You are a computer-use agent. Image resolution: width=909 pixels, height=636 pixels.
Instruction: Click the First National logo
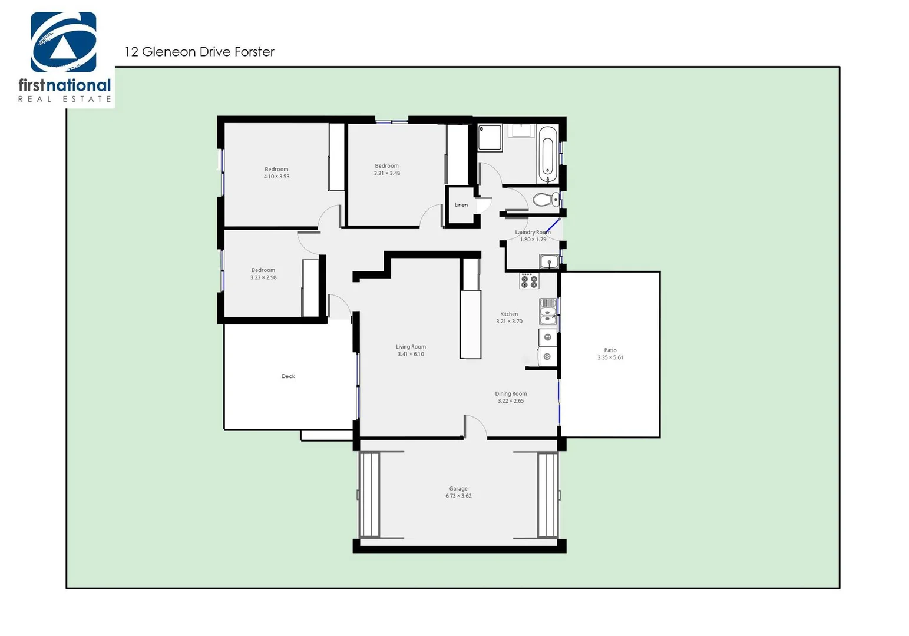[64, 57]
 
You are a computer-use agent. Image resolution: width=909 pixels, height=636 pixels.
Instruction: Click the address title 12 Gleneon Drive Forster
[199, 52]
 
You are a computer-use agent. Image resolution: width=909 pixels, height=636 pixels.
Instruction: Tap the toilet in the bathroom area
[546, 200]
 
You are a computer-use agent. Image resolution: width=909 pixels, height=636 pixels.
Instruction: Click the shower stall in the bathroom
[490, 137]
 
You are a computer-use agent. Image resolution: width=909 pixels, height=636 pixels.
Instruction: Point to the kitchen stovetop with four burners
[528, 281]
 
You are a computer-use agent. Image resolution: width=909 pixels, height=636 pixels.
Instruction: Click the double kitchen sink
[548, 312]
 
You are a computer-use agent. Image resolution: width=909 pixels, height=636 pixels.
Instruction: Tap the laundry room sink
[549, 261]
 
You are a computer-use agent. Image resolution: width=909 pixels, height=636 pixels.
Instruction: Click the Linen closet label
[461, 205]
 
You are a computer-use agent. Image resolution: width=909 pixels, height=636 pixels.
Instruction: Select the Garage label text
[458, 489]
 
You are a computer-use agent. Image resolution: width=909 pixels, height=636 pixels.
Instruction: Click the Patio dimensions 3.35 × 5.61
[610, 357]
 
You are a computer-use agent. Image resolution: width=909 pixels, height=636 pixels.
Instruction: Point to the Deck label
[288, 376]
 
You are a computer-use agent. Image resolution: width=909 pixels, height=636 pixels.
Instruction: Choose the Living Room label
[411, 347]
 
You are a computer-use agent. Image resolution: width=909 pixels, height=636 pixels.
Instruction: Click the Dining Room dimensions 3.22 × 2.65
[510, 401]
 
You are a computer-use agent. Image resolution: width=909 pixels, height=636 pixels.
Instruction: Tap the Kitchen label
[509, 314]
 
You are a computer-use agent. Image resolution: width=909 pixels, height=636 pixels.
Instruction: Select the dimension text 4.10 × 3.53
[276, 177]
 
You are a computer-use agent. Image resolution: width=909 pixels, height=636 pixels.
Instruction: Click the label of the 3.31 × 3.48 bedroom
[386, 166]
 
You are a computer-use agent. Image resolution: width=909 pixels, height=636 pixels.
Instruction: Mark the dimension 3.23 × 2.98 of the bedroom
[263, 277]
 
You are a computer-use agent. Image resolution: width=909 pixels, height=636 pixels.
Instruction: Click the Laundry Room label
[533, 233]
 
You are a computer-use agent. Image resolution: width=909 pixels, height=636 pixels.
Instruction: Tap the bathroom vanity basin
[521, 130]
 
